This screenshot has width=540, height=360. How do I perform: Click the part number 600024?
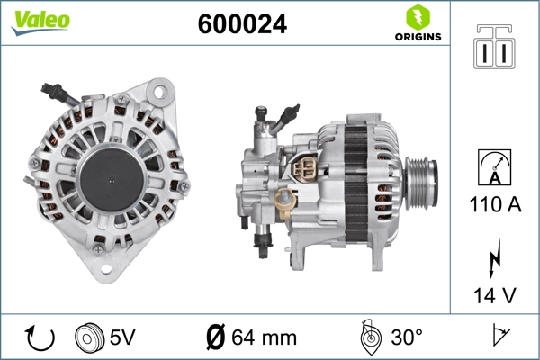coord(241,25)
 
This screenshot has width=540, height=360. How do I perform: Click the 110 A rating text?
coord(494,205)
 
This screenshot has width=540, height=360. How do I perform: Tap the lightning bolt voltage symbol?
coord(494,258)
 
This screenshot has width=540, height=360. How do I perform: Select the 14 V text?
coord(494,293)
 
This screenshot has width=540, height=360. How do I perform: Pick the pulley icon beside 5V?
coord(90,337)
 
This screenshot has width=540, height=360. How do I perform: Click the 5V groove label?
coord(123,338)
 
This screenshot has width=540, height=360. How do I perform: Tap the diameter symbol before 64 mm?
coord(216,338)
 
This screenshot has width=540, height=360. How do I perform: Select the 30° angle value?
coord(406,338)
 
